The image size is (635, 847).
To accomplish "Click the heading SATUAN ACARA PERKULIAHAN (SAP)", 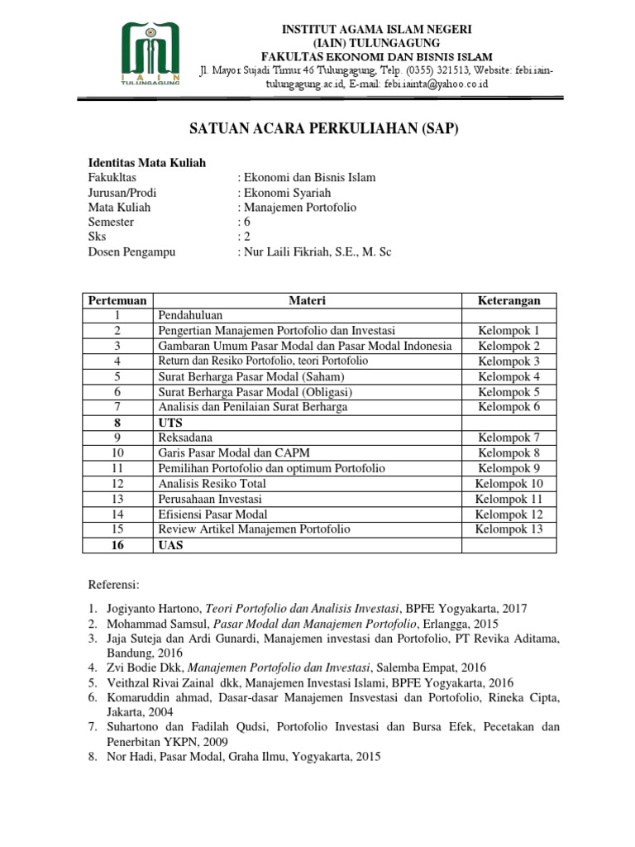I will coord(317,130).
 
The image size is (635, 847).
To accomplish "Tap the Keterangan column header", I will coord(508,300).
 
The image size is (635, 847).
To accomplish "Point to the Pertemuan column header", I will coord(117,300).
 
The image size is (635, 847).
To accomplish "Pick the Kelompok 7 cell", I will coord(508,436).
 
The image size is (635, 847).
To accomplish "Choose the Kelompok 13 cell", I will coord(508,529).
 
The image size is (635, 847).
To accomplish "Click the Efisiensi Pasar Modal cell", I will coord(207,514).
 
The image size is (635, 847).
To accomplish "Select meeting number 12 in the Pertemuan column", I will coord(117,483).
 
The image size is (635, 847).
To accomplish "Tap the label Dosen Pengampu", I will coord(132,252).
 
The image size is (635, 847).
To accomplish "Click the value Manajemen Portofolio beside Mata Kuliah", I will coord(298,208).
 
